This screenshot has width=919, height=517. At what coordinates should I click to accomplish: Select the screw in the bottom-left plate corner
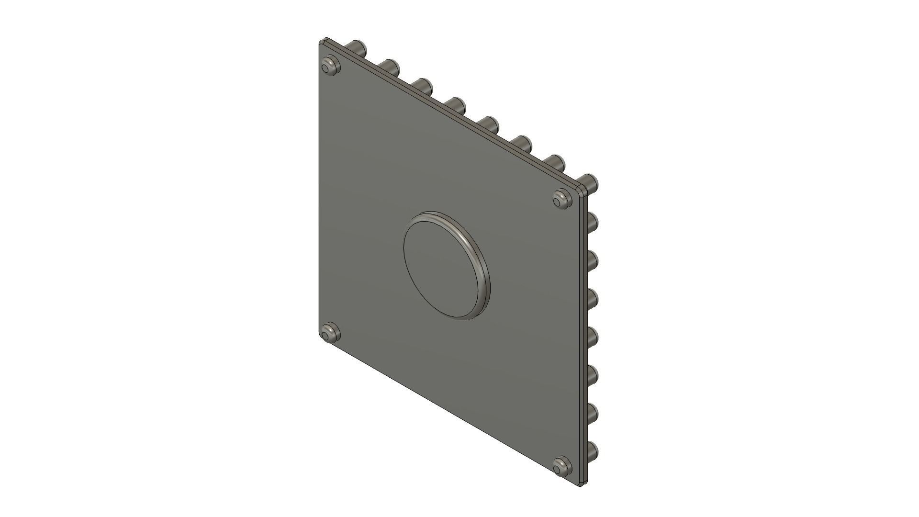coord(330,333)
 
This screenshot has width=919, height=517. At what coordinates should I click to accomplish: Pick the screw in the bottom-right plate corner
coord(562,466)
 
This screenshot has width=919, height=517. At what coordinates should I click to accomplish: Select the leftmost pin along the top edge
coord(359,48)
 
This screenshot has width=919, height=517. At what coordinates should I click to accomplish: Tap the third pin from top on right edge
coord(593,259)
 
